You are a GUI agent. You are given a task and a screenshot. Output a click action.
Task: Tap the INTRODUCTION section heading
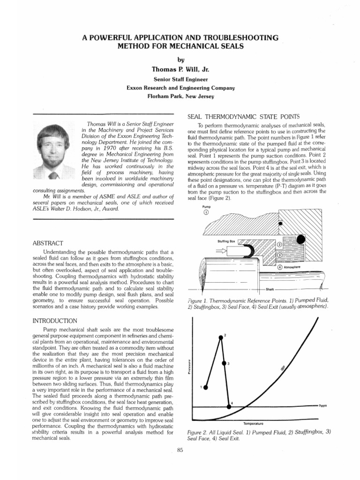click(55, 321)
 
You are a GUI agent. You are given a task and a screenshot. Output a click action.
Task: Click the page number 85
click(180, 450)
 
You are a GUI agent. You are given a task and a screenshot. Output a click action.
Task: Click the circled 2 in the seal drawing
click(280, 245)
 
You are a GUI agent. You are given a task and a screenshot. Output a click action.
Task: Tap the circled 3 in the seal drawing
click(280, 255)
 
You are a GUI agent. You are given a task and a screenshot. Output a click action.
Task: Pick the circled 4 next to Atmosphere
click(280, 267)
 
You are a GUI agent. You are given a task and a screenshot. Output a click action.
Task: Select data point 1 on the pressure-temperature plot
click(205, 387)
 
